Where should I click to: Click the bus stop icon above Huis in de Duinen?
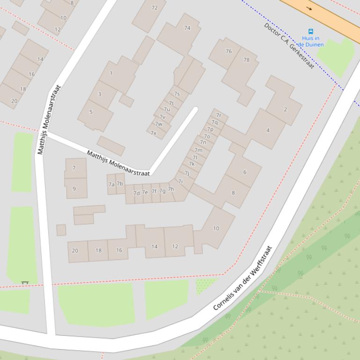[x=310, y=32]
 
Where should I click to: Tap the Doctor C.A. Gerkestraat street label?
[x=288, y=46]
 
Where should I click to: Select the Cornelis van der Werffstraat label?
[x=242, y=279]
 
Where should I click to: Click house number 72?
[x=154, y=7]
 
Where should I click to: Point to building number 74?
[x=187, y=28]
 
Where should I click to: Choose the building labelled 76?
[x=228, y=51]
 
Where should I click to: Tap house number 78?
[x=246, y=60]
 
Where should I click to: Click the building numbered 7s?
[x=176, y=94]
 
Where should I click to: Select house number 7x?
[x=153, y=133]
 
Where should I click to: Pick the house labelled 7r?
[x=219, y=115]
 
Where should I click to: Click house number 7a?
[x=111, y=185]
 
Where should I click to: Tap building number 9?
[x=74, y=189]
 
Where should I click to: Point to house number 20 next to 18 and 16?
[x=75, y=251]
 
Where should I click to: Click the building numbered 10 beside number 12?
[x=216, y=229]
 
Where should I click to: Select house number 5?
[x=91, y=112]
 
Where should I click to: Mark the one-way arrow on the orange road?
[x=309, y=8]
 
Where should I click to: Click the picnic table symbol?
[x=25, y=283]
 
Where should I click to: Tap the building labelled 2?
[x=285, y=109]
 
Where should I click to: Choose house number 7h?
[x=171, y=189]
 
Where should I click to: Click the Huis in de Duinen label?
[x=311, y=42]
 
